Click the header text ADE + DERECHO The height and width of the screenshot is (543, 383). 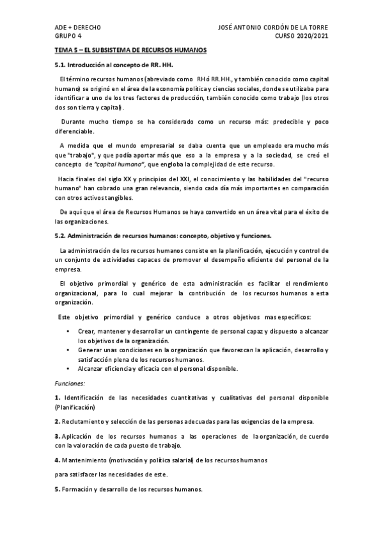coord(77,28)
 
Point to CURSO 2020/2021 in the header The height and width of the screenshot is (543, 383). coord(302,36)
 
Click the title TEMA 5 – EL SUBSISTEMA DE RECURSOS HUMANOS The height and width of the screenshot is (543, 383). coord(130,50)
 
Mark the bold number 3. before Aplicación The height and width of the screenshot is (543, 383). coord(57,436)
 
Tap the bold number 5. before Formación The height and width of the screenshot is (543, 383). coord(57,489)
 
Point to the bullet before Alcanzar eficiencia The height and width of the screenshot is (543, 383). coord(68,368)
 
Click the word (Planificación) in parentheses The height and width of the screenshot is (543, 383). coord(75,407)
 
